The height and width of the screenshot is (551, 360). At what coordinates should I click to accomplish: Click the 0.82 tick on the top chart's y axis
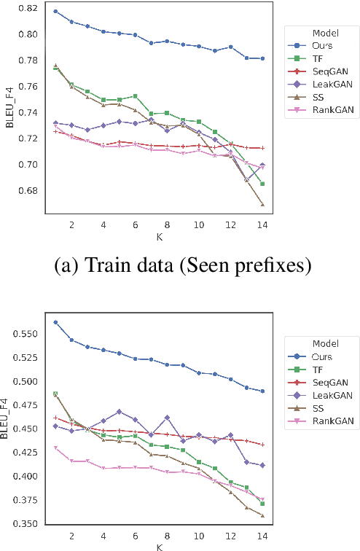[x=25, y=8]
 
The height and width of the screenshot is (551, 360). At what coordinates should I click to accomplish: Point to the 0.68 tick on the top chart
[x=25, y=191]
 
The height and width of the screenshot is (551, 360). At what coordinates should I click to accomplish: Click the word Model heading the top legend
[x=324, y=33]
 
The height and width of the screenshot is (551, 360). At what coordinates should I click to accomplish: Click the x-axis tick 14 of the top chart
[x=262, y=225]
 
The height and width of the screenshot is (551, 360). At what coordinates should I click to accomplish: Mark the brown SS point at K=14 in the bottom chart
[x=262, y=515]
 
